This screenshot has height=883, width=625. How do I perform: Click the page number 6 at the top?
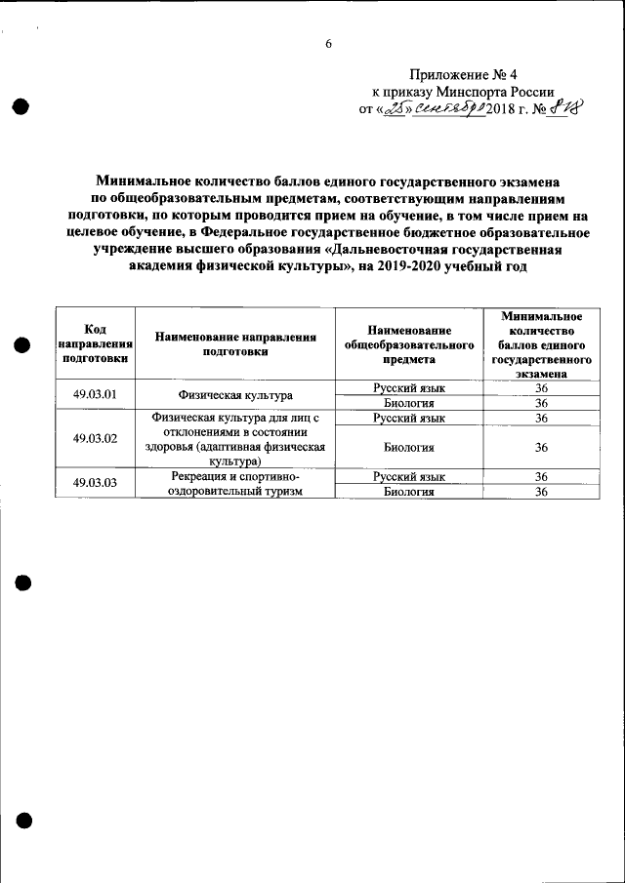[328, 44]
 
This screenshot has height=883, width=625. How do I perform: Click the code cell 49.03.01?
[95, 395]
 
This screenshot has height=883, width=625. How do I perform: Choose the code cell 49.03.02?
[95, 438]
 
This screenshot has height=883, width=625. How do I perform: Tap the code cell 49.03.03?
[95, 483]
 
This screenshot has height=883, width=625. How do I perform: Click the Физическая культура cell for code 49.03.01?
[236, 395]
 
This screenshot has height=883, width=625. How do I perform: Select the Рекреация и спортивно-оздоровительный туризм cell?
[236, 483]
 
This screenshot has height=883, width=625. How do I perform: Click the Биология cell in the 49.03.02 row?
[409, 446]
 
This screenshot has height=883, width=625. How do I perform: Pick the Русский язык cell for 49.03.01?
[409, 388]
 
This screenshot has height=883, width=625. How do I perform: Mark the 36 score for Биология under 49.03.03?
[541, 492]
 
